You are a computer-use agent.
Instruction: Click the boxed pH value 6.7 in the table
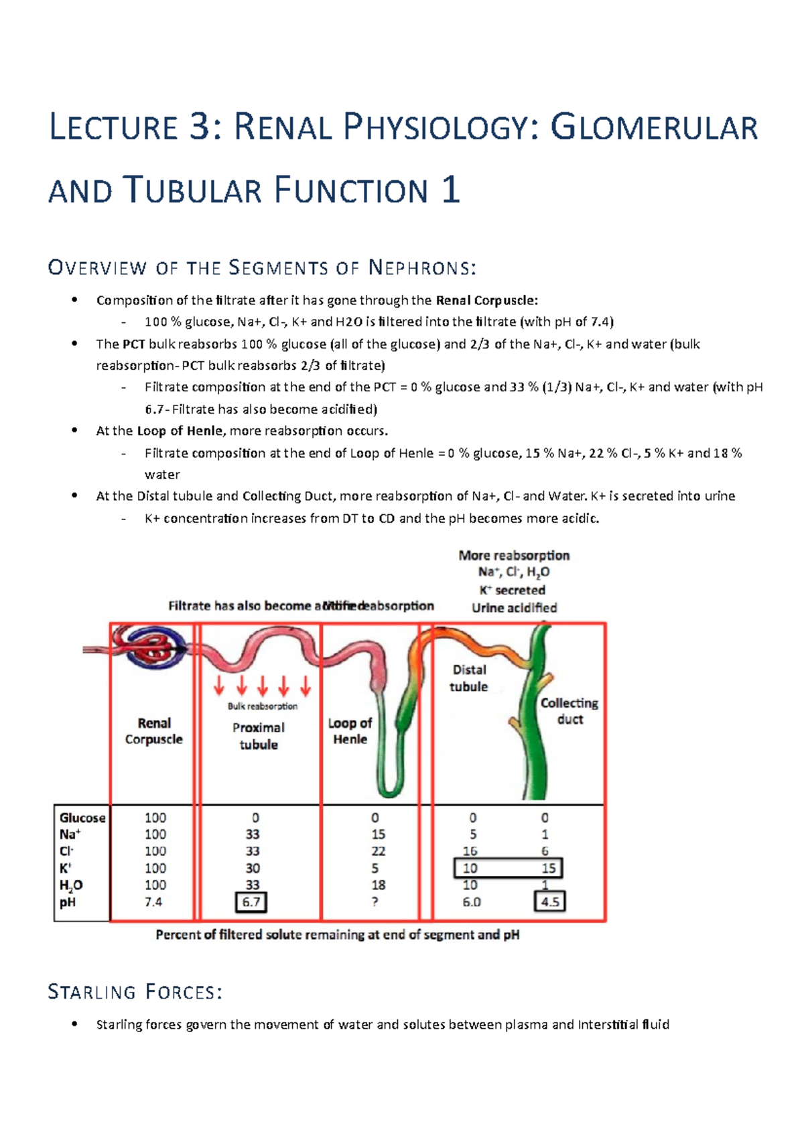click(251, 902)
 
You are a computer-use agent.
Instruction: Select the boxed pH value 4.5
click(550, 902)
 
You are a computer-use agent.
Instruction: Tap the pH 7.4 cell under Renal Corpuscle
click(153, 902)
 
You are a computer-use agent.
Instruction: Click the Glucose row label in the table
click(82, 818)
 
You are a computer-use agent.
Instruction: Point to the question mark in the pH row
click(375, 902)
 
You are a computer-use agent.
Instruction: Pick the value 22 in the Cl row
click(379, 851)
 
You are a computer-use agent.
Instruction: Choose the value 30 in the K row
click(253, 868)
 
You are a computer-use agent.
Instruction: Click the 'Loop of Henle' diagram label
click(350, 731)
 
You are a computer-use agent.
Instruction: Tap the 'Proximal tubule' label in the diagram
click(259, 736)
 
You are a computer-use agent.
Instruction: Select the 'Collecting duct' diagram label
click(569, 711)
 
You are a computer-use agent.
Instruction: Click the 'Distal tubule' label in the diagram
click(469, 678)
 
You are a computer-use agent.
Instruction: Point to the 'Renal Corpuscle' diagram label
click(154, 731)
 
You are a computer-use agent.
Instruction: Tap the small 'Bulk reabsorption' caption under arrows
click(263, 706)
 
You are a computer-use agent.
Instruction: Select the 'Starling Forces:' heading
click(135, 992)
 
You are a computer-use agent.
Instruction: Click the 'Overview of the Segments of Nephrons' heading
click(262, 269)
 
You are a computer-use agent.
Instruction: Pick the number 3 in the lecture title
click(200, 127)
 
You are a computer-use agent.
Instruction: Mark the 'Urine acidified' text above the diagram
click(514, 608)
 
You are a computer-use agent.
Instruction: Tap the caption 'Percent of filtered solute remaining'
click(337, 934)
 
